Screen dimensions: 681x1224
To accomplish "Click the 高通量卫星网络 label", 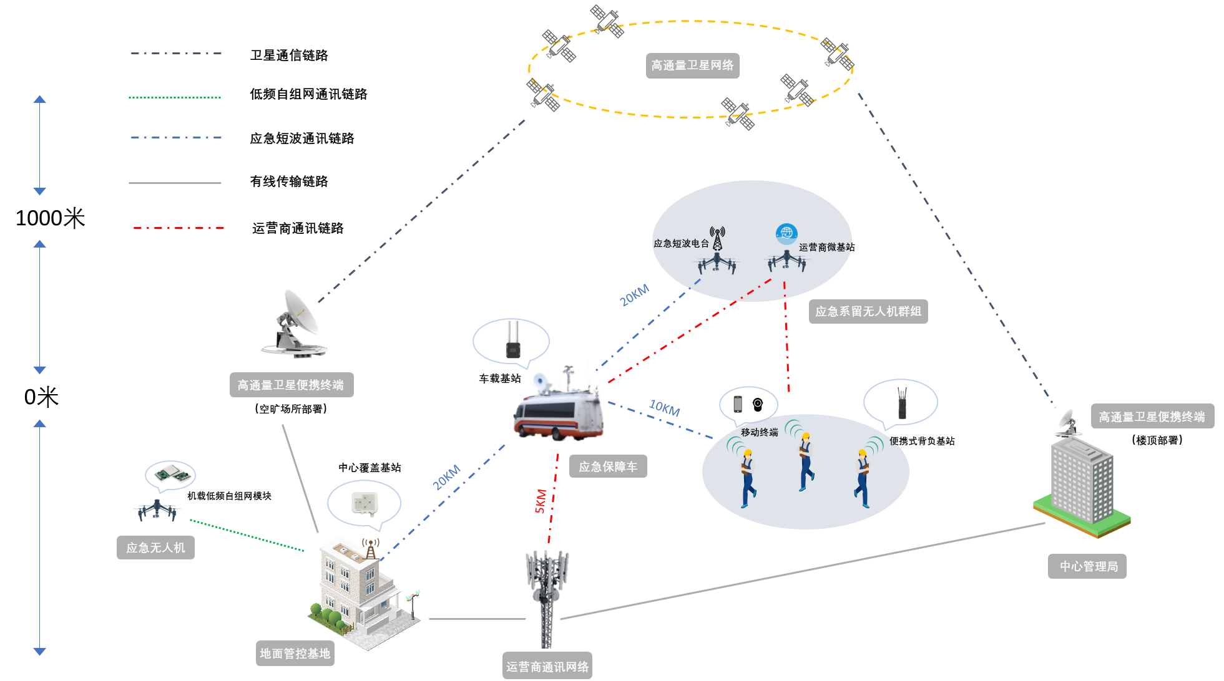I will pyautogui.click(x=692, y=65).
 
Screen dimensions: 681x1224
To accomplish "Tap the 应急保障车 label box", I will pyautogui.click(x=608, y=466).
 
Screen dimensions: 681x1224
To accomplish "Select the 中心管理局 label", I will pyautogui.click(x=1087, y=566).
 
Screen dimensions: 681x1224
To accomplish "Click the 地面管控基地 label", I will pyautogui.click(x=295, y=654).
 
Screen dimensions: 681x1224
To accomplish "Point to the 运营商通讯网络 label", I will pyautogui.click(x=547, y=667).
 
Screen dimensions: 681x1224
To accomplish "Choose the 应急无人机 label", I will pyautogui.click(x=155, y=548).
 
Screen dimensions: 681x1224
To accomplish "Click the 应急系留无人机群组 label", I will pyautogui.click(x=868, y=311).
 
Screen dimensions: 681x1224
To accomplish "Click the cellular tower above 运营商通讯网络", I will pyautogui.click(x=547, y=592).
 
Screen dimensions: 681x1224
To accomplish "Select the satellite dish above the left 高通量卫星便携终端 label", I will pyautogui.click(x=295, y=324).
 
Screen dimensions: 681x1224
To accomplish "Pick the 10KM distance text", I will pyautogui.click(x=664, y=408).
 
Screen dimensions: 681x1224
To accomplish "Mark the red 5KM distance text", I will pyautogui.click(x=541, y=501).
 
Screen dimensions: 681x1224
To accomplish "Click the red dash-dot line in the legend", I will pyautogui.click(x=179, y=228).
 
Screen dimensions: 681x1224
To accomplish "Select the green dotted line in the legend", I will pyautogui.click(x=175, y=98).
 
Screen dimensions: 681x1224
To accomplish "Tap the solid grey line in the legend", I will pyautogui.click(x=175, y=183).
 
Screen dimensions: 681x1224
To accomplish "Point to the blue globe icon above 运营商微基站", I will pyautogui.click(x=786, y=234).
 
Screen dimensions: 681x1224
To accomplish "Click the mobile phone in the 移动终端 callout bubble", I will pyautogui.click(x=738, y=403).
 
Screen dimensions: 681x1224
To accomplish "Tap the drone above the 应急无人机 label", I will pyautogui.click(x=157, y=510).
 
